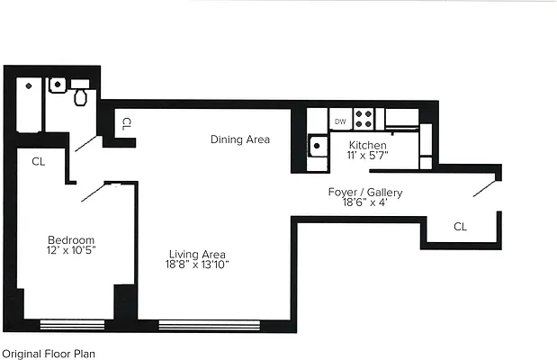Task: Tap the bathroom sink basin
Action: (58, 85)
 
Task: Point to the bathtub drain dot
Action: (29, 85)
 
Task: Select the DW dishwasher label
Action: (340, 121)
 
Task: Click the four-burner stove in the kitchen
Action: (365, 118)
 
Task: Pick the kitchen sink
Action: (317, 146)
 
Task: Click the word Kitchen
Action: (368, 145)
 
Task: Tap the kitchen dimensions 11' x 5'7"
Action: (368, 156)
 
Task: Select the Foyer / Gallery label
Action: (365, 193)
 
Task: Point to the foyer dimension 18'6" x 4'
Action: (365, 203)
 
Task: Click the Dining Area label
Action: (240, 139)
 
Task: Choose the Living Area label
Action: (196, 253)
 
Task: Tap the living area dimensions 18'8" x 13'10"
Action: (196, 265)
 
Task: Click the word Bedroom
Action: (71, 239)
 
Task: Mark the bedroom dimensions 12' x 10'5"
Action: (71, 250)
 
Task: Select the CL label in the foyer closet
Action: (460, 227)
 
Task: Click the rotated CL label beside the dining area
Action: (127, 123)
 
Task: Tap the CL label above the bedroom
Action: (38, 162)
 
